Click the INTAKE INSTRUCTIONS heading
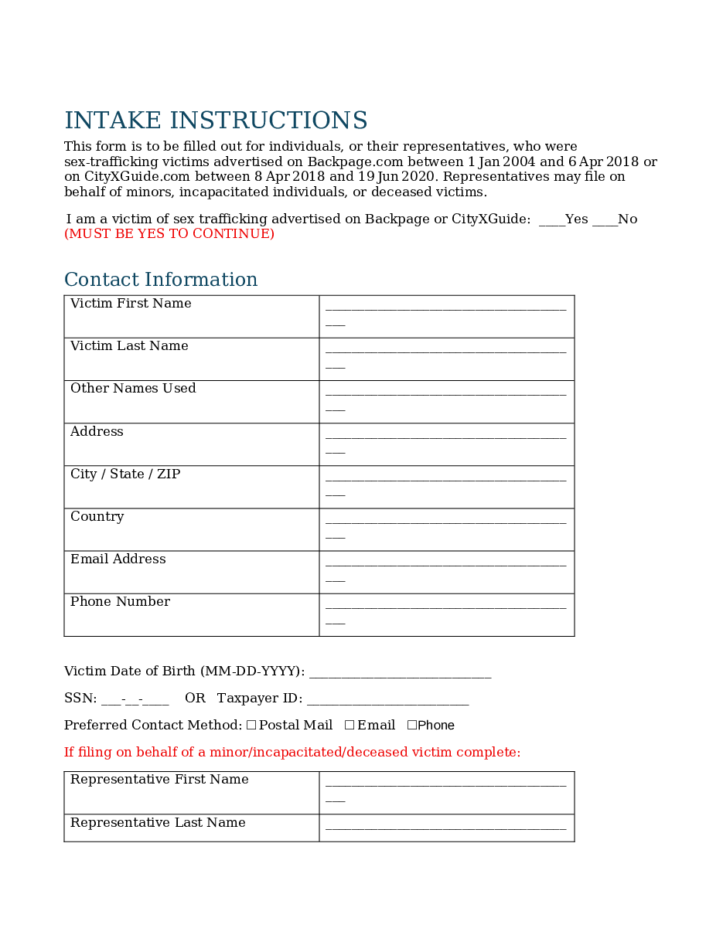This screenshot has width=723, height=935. point(216,121)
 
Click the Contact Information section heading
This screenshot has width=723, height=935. point(161,280)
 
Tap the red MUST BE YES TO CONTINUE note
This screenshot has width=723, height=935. point(169,234)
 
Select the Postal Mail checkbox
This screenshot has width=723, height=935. point(251,725)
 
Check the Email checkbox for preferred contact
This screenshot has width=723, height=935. point(350,725)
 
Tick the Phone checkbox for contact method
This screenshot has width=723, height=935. point(412,725)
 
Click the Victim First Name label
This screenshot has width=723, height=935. point(131,304)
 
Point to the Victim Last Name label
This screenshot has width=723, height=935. point(129,346)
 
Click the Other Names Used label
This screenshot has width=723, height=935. point(133,389)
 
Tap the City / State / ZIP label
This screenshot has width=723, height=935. point(125,474)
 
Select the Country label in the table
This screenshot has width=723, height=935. point(97,517)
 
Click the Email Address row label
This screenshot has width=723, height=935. point(118,559)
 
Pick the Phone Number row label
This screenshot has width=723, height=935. point(120,602)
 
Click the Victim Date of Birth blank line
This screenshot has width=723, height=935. point(400,673)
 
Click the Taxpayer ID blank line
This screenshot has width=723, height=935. point(387,700)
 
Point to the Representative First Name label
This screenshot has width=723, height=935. point(159,780)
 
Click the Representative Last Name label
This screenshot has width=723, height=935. point(158,823)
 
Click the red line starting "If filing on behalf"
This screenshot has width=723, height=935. point(292,753)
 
